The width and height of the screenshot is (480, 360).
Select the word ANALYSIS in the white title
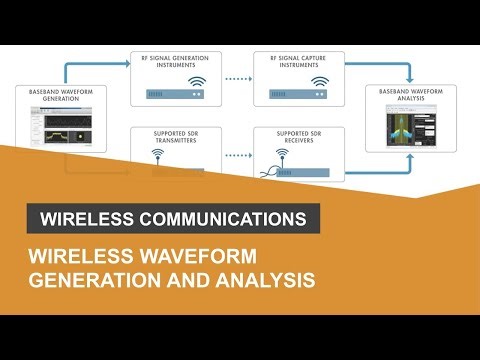(265, 279)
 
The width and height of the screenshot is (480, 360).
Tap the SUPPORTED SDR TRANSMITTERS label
(176, 137)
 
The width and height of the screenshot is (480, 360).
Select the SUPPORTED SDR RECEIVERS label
(298, 137)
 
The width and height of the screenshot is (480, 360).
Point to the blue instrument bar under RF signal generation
(176, 96)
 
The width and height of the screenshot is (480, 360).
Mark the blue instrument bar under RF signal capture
(298, 96)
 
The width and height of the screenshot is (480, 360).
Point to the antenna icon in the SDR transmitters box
(158, 156)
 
